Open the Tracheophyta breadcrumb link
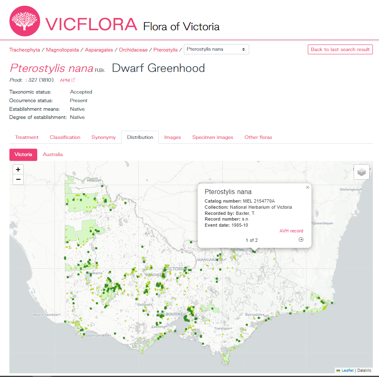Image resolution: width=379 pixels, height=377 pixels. point(25,50)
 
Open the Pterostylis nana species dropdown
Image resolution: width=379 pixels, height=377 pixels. point(216,49)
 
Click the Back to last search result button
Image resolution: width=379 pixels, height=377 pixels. point(340,49)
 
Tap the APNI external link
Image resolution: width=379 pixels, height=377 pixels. point(68,80)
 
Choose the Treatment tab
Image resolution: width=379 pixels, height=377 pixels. point(27,137)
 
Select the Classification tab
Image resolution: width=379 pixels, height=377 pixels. point(65,137)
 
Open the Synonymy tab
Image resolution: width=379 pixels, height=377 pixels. point(104,137)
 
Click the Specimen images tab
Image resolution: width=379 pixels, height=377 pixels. point(212,137)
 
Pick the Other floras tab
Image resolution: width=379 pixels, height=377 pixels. point(258,137)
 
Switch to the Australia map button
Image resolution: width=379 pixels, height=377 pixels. point(53,154)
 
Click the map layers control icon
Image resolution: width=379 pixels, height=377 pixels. point(361,172)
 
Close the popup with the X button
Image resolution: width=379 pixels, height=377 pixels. point(307,187)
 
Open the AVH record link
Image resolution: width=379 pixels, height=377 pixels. point(291,231)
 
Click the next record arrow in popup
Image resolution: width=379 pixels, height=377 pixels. point(301,240)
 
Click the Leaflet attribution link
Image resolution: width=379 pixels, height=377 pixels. point(347,370)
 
